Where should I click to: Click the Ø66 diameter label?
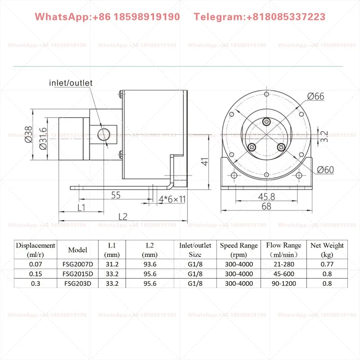point(316,96)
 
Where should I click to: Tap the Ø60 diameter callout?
point(325,170)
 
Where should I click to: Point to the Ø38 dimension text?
point(28,134)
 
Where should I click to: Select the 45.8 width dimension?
point(266,197)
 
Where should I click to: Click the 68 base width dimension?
point(266,206)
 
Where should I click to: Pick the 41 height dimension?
point(205,162)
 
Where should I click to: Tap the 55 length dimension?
point(116,195)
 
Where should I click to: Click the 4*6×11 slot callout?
point(172,199)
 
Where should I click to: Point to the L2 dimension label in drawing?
point(123,217)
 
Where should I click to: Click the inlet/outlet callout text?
point(71,83)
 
